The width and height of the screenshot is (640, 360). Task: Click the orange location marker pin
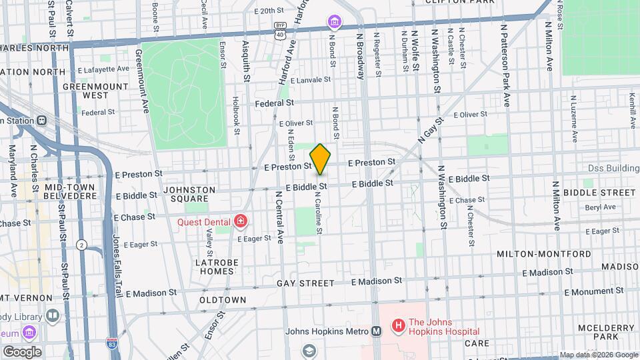pyautogui.click(x=320, y=159)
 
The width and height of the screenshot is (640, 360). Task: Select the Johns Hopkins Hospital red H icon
pyautogui.click(x=398, y=326)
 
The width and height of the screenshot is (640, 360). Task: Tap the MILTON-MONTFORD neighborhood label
pyautogui.click(x=543, y=254)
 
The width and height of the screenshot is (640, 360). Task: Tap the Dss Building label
pyautogui.click(x=613, y=169)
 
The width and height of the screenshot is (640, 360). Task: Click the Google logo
pyautogui.click(x=22, y=351)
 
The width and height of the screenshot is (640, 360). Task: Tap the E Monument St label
pyautogui.click(x=594, y=292)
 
